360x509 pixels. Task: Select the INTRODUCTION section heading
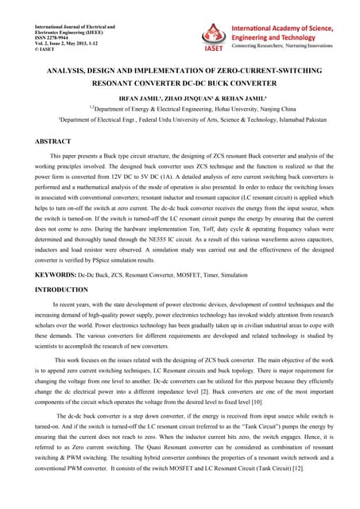[x=60, y=290]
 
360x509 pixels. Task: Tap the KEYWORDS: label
[x=53, y=274]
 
